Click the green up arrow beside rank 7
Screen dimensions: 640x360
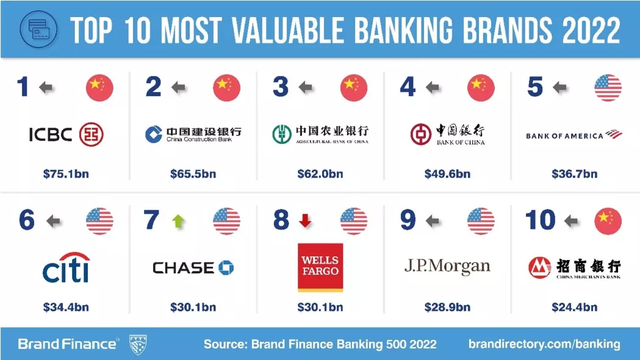click(178, 221)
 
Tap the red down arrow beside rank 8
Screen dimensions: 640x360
click(305, 221)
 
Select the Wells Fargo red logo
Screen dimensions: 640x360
click(320, 267)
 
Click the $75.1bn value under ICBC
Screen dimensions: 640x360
click(66, 174)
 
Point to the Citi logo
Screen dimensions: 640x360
click(66, 267)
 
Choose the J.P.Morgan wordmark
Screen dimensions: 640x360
click(447, 267)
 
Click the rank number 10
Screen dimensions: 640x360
click(541, 220)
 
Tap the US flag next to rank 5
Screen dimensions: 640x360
click(608, 88)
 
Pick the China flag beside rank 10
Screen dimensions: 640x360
click(608, 221)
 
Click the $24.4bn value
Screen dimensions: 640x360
click(574, 307)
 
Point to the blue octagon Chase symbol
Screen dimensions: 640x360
click(226, 268)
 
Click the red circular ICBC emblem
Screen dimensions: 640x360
click(91, 134)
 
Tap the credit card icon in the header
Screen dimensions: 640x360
click(39, 29)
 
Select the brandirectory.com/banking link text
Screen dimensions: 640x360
click(544, 344)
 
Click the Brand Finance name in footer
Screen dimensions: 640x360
click(67, 344)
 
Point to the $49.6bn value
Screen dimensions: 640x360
click(447, 174)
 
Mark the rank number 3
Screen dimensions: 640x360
click(281, 87)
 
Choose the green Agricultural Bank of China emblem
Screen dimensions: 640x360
click(282, 134)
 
